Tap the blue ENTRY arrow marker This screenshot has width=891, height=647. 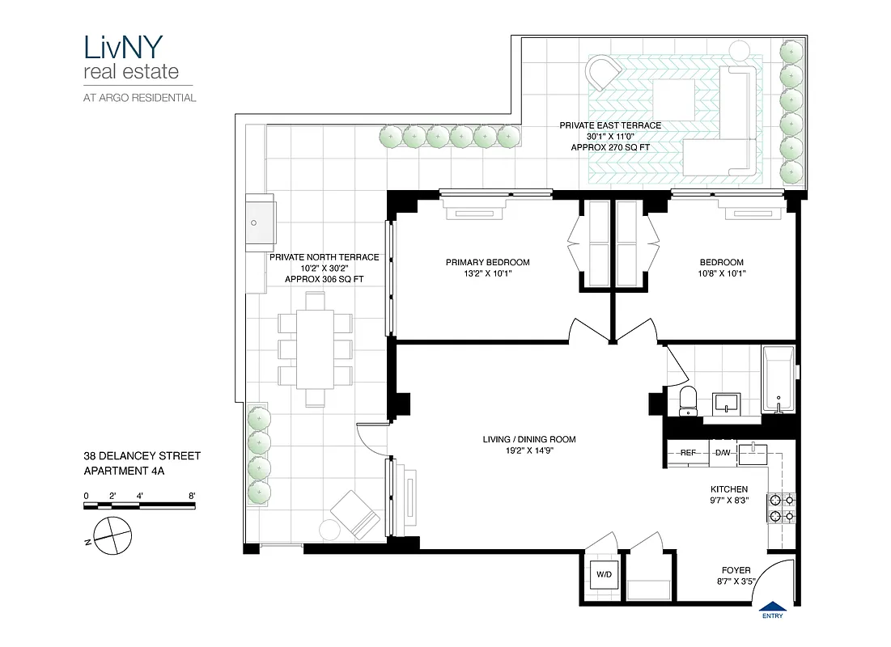pyautogui.click(x=773, y=607)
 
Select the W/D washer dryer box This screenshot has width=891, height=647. pyautogui.click(x=605, y=575)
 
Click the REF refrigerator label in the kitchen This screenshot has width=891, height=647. pyautogui.click(x=688, y=453)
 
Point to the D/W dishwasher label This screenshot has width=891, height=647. pyautogui.click(x=723, y=453)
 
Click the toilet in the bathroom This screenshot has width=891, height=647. pyautogui.click(x=689, y=400)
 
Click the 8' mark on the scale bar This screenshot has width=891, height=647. pyautogui.click(x=192, y=496)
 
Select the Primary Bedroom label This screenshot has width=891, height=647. pyautogui.click(x=487, y=262)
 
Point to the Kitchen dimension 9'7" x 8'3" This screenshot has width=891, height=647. pyautogui.click(x=728, y=501)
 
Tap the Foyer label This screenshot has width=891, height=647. pyautogui.click(x=735, y=570)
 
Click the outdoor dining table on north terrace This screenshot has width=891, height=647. pyautogui.click(x=315, y=349)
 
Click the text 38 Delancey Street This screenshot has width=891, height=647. pyautogui.click(x=142, y=456)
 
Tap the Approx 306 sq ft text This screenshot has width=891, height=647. pyautogui.click(x=324, y=279)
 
